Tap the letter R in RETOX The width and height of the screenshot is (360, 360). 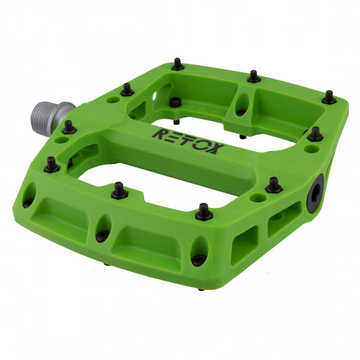[x=157, y=133]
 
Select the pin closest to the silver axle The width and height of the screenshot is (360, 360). [x=69, y=126]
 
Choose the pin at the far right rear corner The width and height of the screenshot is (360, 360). [x=329, y=97]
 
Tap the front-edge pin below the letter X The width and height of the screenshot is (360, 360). [x=203, y=211]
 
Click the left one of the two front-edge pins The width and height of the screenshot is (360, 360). [x=120, y=190]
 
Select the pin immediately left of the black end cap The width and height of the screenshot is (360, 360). [x=274, y=184]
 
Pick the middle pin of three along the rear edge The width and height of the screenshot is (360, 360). [x=253, y=76]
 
